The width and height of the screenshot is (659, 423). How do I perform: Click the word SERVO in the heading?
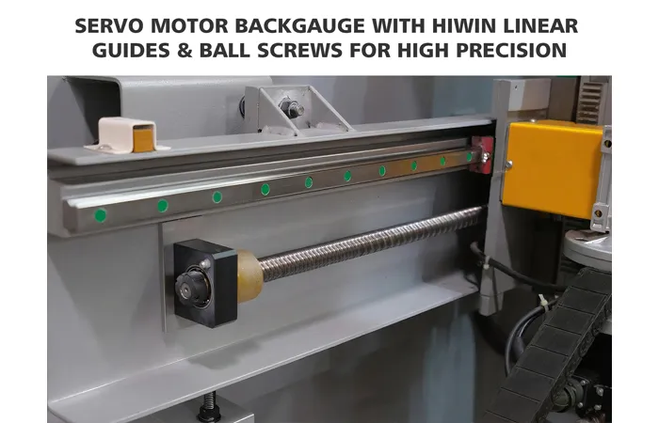[110, 26]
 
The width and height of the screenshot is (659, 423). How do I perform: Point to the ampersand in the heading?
[185, 51]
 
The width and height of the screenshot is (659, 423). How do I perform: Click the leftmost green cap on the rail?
[100, 215]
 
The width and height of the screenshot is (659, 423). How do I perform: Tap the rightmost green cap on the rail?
[469, 157]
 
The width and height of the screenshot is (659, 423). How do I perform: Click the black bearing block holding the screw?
[205, 283]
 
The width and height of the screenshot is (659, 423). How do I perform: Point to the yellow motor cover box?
[554, 168]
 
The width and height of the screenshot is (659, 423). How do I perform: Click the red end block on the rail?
[482, 153]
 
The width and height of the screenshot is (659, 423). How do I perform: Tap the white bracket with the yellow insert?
[126, 135]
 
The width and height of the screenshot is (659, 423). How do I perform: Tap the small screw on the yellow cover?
[508, 165]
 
